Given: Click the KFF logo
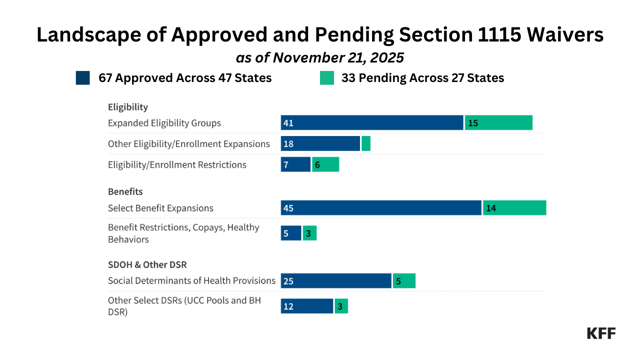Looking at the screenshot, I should (601, 333).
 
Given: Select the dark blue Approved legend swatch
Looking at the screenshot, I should (83, 78).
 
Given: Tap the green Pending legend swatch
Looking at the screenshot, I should (327, 78).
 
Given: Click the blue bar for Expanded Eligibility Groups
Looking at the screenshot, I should (372, 122).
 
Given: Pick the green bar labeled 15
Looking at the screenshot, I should (498, 122).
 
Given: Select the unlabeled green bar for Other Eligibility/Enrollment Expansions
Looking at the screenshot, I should (366, 143).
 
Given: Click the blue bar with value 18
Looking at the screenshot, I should (320, 143).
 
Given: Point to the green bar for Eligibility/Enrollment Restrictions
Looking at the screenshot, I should (325, 164).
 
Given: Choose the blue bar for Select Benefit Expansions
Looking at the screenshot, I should (381, 208).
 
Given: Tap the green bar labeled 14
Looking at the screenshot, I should (514, 208).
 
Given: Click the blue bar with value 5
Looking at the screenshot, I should (291, 233).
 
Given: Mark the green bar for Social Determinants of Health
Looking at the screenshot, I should (404, 281).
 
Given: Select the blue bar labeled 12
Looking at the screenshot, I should (307, 306).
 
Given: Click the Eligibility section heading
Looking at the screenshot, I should (128, 107).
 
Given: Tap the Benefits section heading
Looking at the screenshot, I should (125, 191).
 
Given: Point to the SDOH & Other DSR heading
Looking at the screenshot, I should (147, 264).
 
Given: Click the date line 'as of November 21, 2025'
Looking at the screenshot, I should (320, 57).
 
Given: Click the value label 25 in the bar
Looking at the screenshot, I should (288, 281).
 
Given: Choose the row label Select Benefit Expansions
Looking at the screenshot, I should (160, 208).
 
